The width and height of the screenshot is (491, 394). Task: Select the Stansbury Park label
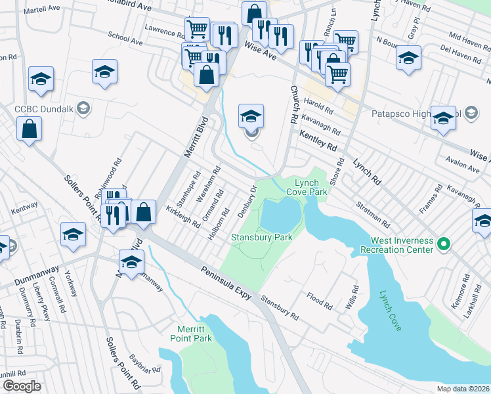click(x=261, y=236)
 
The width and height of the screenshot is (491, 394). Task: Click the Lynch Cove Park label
click(x=310, y=188)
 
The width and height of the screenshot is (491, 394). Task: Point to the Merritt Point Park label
click(x=194, y=333)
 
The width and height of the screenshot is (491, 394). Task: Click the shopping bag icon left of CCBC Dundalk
click(x=30, y=128)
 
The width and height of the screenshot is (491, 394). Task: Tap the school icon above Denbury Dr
click(x=251, y=116)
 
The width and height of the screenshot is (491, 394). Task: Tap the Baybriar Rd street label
click(x=145, y=362)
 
